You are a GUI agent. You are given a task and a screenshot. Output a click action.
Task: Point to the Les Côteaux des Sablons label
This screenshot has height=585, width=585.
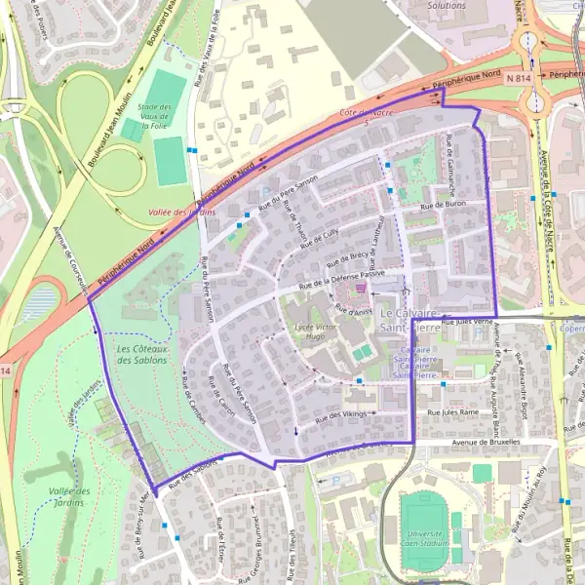(141, 354)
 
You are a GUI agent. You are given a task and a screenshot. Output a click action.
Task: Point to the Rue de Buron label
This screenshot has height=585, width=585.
(442, 206)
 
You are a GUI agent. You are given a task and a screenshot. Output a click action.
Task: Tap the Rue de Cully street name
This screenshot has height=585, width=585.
(319, 238)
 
